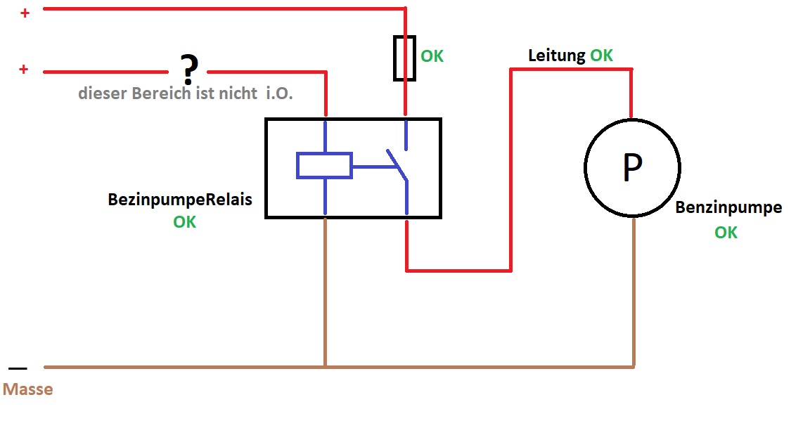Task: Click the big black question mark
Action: (188, 68)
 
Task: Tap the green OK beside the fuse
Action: (432, 56)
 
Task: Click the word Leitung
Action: (557, 56)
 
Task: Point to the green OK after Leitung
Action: (601, 56)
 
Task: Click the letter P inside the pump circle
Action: (632, 169)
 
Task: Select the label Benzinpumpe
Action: (728, 208)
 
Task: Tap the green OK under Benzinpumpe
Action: (726, 233)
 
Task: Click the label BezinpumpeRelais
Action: (180, 200)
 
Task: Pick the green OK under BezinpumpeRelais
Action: (185, 222)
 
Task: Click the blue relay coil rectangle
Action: (324, 166)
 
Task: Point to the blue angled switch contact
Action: (397, 164)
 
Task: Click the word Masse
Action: (28, 389)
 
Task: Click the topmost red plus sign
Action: (25, 12)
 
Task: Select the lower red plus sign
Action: (24, 70)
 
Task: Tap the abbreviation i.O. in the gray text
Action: (279, 93)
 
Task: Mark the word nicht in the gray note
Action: (236, 93)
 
